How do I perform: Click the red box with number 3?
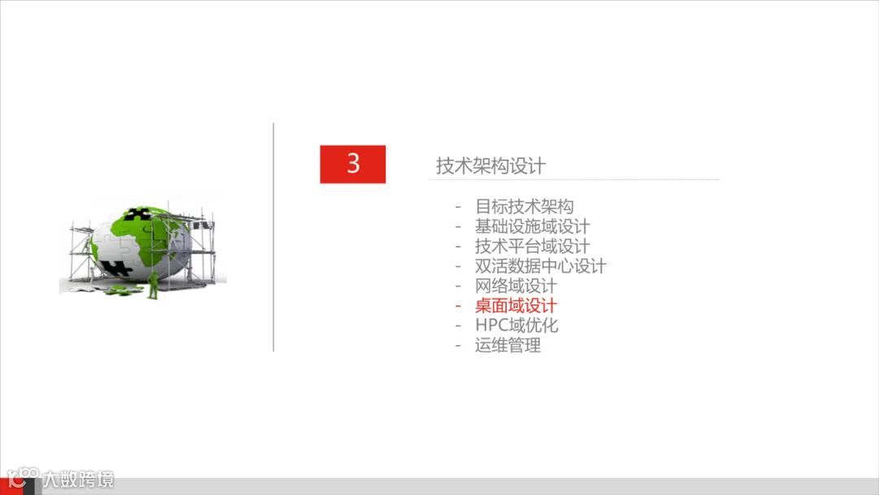tap(352, 164)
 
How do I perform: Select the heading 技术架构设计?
tap(491, 166)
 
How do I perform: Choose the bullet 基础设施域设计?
tap(532, 227)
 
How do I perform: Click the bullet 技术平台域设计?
tap(532, 247)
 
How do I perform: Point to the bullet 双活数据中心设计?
tap(540, 266)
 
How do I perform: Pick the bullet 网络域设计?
tap(516, 286)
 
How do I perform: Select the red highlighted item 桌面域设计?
tap(516, 306)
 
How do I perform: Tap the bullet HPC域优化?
tap(517, 326)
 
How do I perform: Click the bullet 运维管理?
tap(508, 345)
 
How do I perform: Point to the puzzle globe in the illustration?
tap(140, 242)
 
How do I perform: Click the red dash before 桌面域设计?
tap(459, 306)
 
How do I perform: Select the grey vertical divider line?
tap(273, 237)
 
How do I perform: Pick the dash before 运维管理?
tap(459, 345)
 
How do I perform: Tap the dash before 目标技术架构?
tap(459, 207)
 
